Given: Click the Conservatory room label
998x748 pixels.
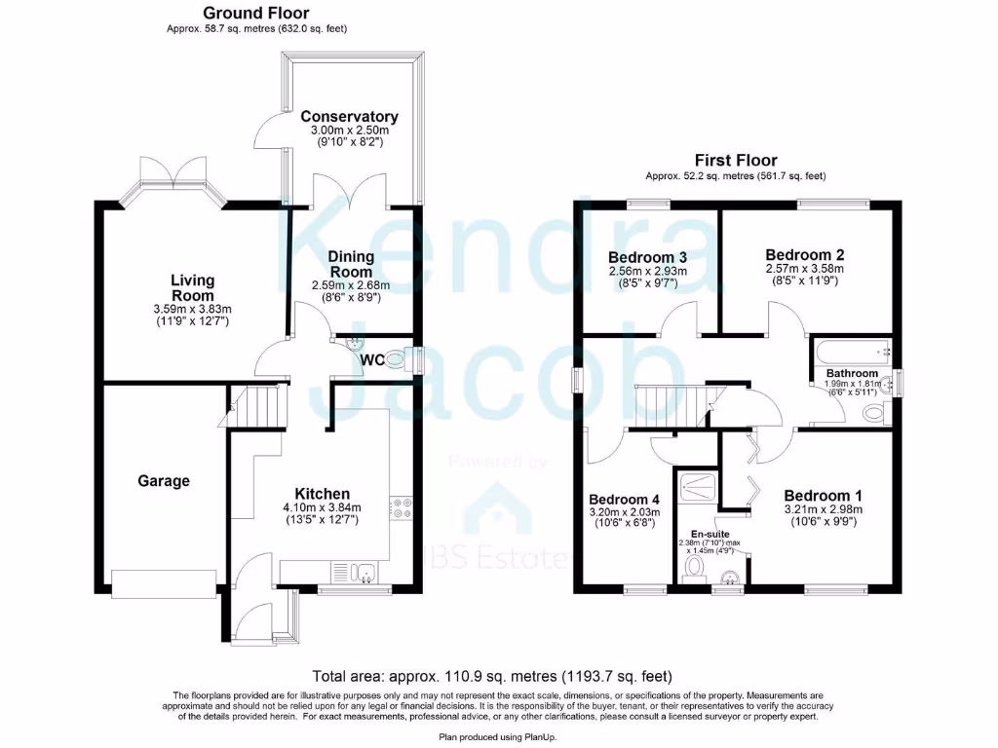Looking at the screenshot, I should (350, 116).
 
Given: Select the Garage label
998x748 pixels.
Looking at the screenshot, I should (164, 481).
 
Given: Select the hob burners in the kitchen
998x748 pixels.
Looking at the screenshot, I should (402, 511).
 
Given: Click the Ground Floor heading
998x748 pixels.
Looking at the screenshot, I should (256, 14).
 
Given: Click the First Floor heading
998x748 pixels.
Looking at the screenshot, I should (736, 161).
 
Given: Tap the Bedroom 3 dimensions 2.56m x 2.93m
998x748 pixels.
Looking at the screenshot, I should (647, 271).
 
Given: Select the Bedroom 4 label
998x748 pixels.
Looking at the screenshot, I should (625, 496).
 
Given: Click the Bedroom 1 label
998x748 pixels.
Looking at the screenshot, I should (817, 493).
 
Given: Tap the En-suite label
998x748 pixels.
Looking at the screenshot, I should (710, 534).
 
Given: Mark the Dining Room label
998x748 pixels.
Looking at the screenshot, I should (350, 264).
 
